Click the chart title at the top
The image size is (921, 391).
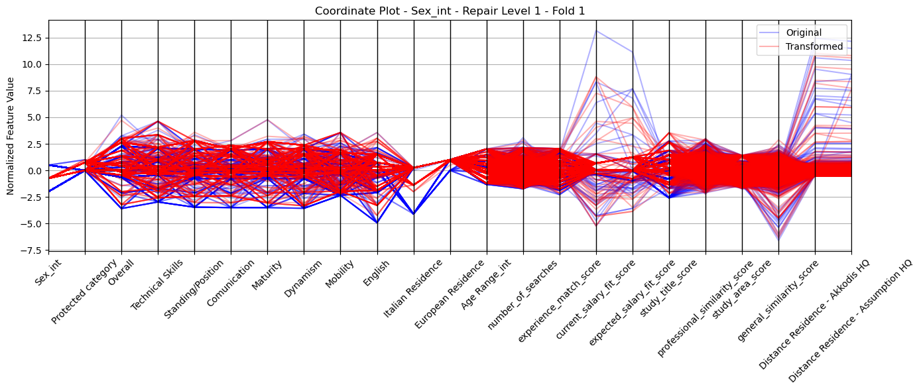point(450,11)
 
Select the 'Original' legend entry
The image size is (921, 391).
point(804,32)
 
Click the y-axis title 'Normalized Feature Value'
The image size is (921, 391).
point(11,136)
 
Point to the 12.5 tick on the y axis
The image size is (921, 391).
point(31,38)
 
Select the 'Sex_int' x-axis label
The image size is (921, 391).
point(48,272)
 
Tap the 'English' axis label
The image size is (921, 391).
point(376,273)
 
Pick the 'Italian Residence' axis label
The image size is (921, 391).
point(413,289)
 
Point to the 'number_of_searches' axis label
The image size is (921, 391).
point(522,295)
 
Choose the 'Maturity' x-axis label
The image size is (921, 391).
point(267,275)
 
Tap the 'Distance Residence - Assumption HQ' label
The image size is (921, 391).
point(850,321)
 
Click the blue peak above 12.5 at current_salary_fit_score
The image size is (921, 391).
point(596,31)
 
